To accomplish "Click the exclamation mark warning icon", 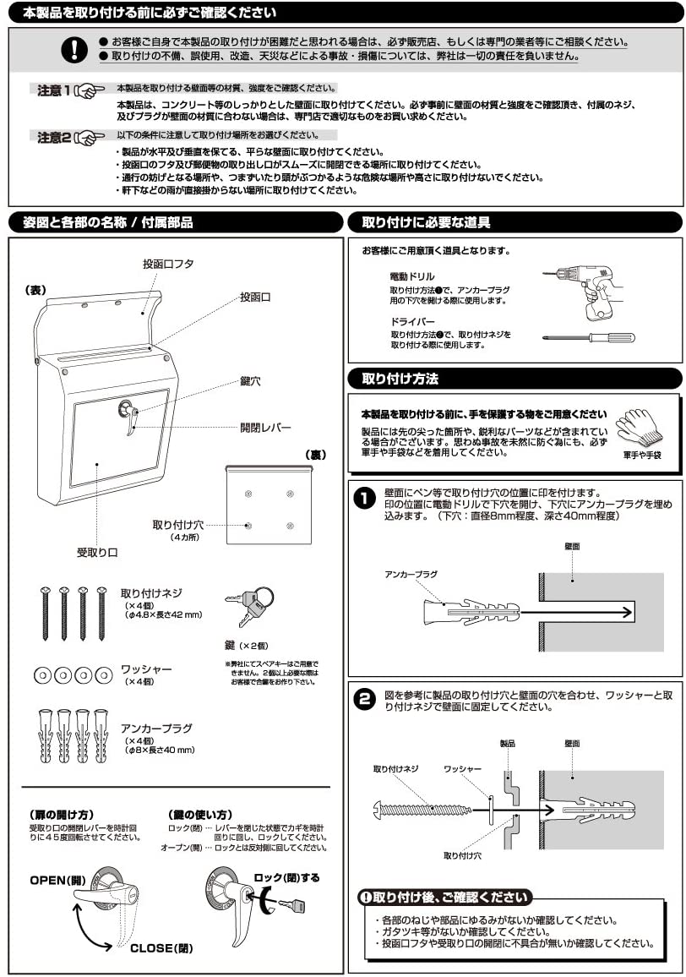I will coord(74,50).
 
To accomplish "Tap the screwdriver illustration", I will coord(591,337).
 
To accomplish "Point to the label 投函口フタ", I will coord(169,265).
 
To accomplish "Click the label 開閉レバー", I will coord(264,428).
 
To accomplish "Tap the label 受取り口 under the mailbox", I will coord(97,552).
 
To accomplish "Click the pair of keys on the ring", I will coord(249,604).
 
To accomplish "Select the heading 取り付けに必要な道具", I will coord(426,223).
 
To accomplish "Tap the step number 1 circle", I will coord(363,499).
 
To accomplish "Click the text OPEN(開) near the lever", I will coord(58,880).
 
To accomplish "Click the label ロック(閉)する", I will coord(287,877).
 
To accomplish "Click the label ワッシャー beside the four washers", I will coord(145,669).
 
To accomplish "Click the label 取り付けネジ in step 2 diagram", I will coord(395,770).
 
